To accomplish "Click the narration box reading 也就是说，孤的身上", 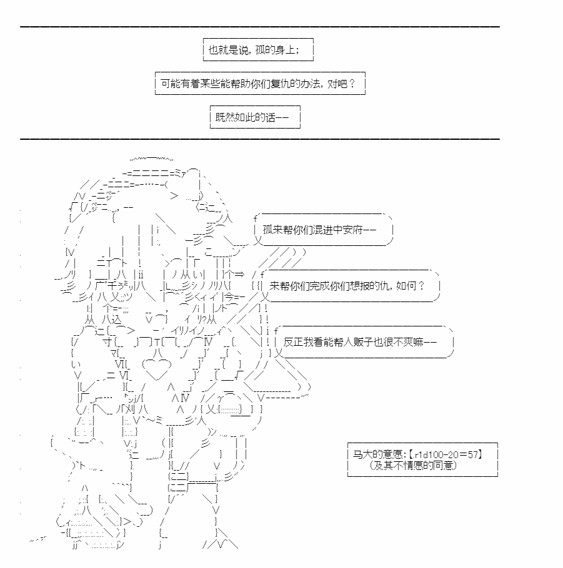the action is (258, 50).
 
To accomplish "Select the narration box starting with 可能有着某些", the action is (260, 83).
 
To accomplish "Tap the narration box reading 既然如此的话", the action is (255, 117).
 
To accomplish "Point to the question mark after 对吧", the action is (351, 84).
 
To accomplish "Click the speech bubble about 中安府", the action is (323, 230).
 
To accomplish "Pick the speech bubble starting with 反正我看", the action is (364, 341).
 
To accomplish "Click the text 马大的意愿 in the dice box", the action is (377, 454).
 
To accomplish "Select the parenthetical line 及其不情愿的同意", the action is (413, 465).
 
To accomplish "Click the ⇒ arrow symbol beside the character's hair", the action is (239, 274).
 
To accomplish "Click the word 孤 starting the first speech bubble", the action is (267, 230).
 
